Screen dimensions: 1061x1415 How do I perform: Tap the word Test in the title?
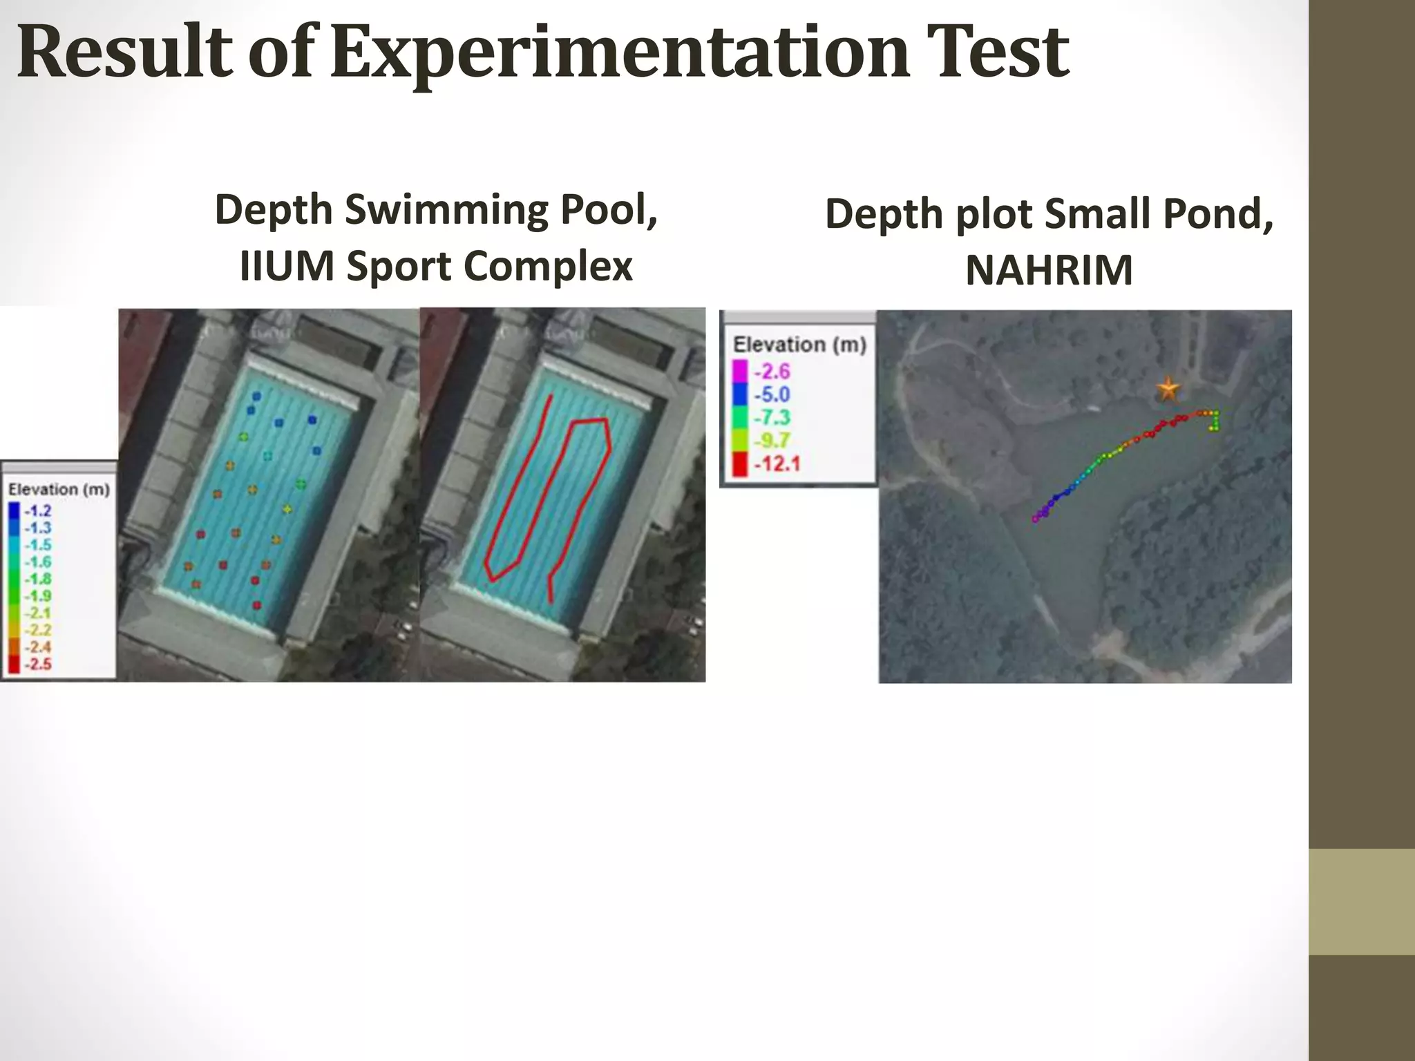tap(998, 52)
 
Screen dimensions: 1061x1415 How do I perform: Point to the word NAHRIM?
tap(1049, 270)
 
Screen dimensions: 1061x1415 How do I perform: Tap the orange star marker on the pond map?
tap(1168, 390)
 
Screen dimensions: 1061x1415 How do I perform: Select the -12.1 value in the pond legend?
tap(777, 463)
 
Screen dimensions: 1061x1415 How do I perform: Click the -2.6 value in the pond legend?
tap(772, 372)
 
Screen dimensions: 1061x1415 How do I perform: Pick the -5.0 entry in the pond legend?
tap(772, 394)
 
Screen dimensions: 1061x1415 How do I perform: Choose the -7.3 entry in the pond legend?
tap(772, 417)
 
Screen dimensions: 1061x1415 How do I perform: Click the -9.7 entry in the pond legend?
tap(772, 440)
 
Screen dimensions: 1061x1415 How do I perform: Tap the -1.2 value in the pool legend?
tap(37, 511)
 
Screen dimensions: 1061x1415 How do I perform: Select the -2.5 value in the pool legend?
tap(37, 664)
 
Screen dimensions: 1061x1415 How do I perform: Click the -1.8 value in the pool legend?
tap(37, 579)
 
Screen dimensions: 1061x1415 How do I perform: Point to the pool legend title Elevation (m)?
tap(59, 490)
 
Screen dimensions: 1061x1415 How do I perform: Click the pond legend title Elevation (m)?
tap(799, 345)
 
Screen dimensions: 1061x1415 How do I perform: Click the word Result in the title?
tap(124, 52)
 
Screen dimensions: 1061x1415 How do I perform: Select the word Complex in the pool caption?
tap(548, 266)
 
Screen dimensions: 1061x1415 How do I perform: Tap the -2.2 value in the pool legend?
tap(37, 630)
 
